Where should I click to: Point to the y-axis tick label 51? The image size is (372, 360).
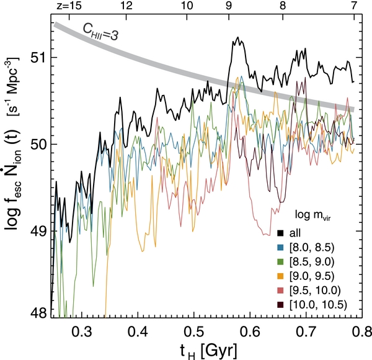tap(38, 58)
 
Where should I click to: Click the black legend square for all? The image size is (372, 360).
tap(280, 233)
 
